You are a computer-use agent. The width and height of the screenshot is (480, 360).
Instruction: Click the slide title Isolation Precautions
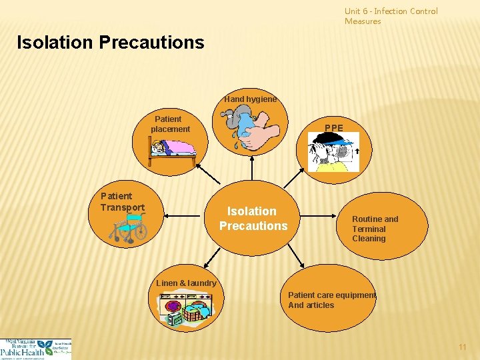(111, 43)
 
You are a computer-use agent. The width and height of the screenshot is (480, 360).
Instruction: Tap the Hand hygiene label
(250, 99)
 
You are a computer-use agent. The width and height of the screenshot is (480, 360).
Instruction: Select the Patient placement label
(170, 124)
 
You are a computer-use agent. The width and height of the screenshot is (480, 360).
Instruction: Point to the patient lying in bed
(172, 148)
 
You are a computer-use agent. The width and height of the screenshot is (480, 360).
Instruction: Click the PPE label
(334, 127)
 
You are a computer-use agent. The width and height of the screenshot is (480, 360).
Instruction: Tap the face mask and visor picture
(333, 151)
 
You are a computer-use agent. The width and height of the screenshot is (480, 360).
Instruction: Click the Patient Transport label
(122, 201)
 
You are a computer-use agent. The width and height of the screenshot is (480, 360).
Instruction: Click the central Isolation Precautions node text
(253, 219)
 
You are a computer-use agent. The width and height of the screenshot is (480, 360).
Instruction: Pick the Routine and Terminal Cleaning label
(375, 229)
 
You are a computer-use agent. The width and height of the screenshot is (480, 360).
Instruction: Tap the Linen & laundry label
(186, 283)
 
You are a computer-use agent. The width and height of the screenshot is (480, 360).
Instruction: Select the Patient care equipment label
(331, 300)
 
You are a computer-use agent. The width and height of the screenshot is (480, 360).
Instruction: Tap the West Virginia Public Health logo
(35, 349)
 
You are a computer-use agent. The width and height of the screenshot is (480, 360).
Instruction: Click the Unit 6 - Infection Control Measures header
(391, 16)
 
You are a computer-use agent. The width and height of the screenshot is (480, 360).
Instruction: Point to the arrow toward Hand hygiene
(252, 169)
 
